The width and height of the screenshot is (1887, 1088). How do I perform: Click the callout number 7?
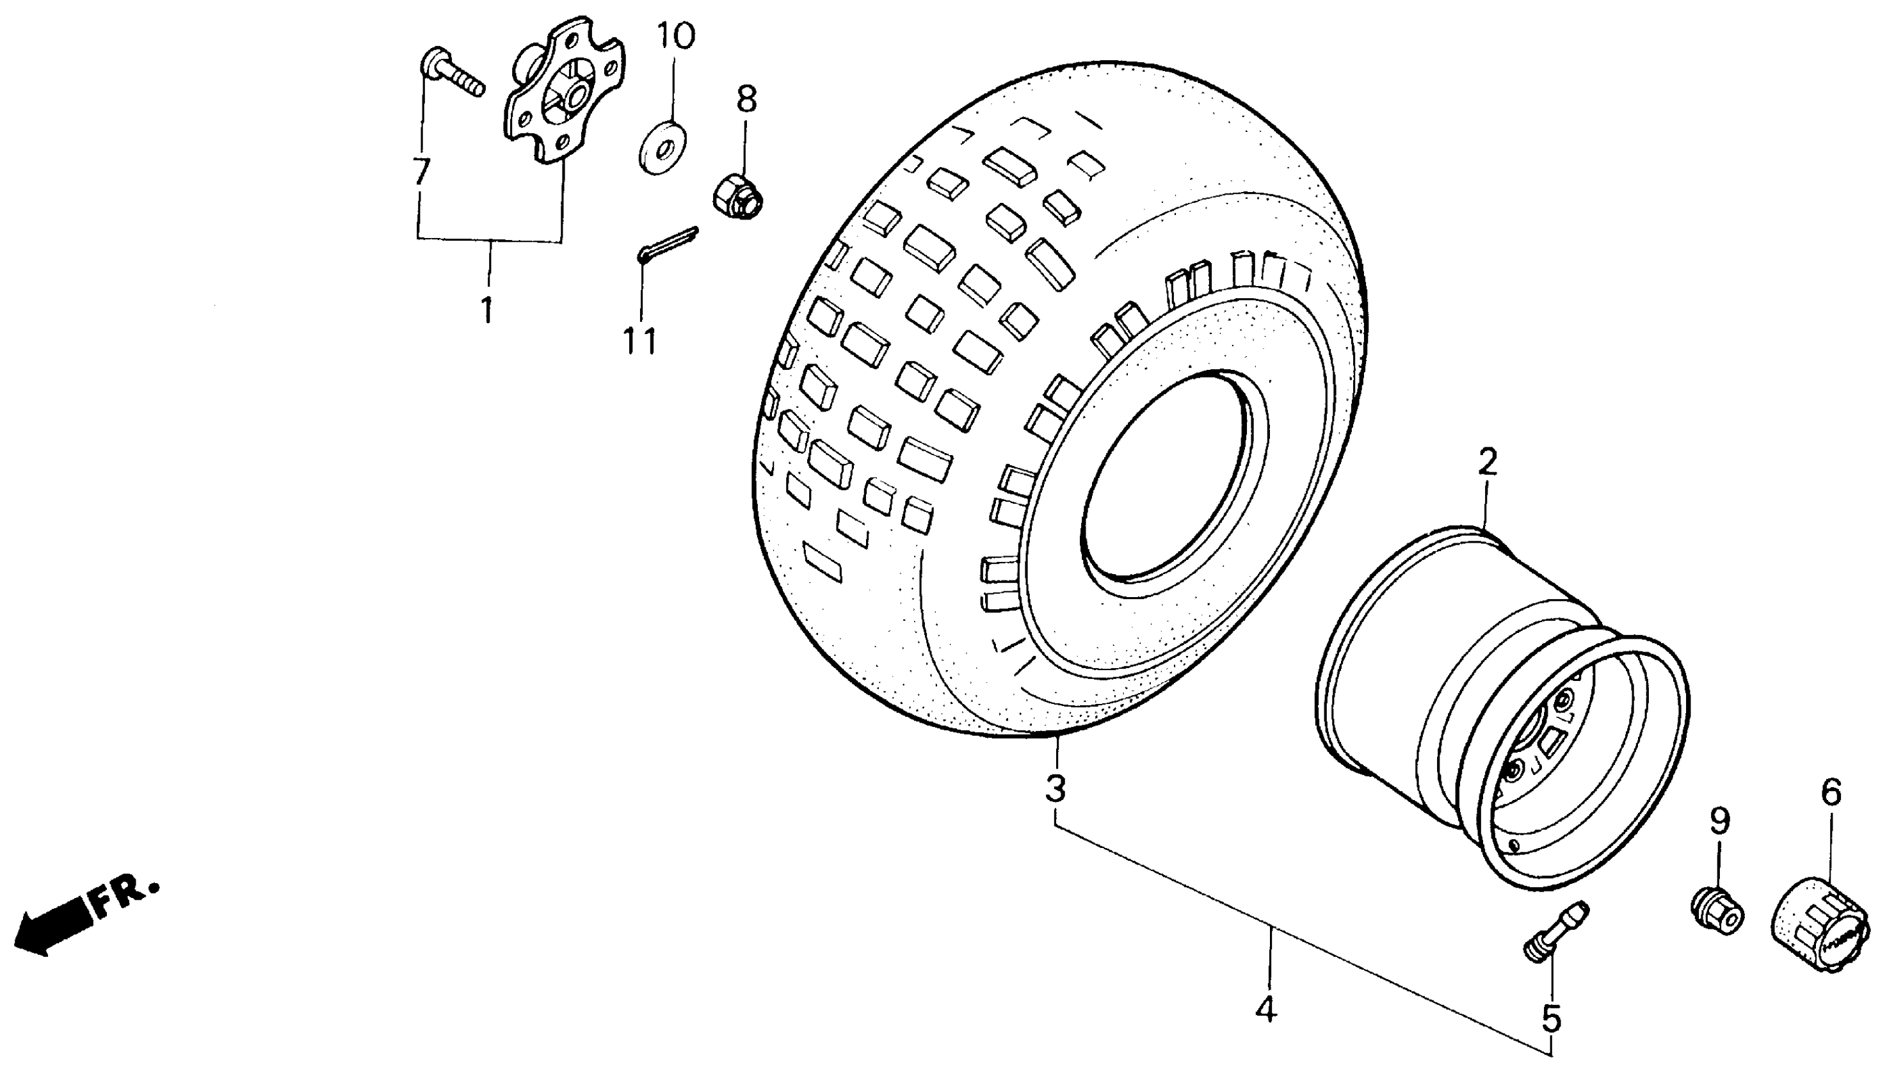[421, 172]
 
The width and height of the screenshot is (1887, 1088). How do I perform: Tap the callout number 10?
[675, 36]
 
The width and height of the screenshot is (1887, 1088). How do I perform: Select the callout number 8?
[746, 99]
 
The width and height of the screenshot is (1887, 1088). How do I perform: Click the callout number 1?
[487, 309]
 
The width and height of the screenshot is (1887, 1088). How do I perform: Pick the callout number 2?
[1487, 463]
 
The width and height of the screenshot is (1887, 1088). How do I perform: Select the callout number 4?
[1266, 1011]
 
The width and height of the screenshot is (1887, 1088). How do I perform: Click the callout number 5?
[1552, 1018]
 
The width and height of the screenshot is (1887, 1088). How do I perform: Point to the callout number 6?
[1831, 792]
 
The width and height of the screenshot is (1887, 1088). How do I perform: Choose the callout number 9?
[1719, 822]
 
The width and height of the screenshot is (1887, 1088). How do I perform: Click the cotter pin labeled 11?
[668, 244]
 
